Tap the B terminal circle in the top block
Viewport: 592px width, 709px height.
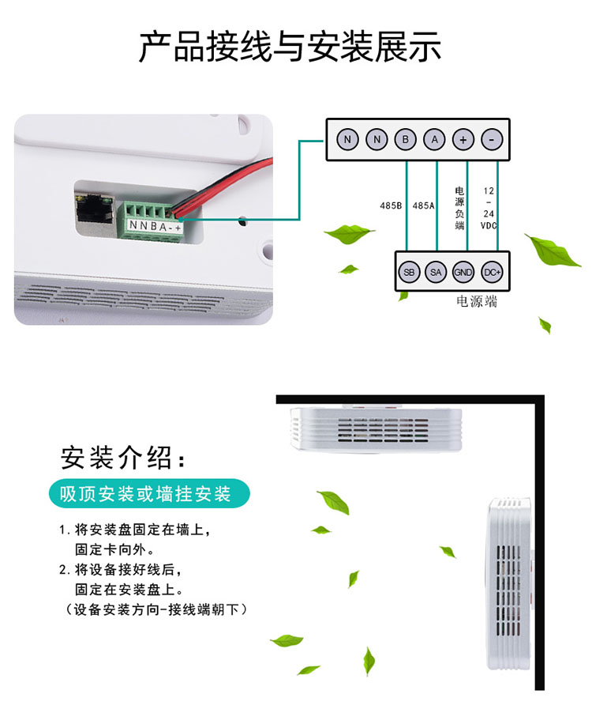(405, 140)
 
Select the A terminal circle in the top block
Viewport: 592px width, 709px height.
(434, 140)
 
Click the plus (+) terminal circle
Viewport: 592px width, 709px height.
(463, 140)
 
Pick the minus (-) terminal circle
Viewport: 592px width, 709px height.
(491, 140)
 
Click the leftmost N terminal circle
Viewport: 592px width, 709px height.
(347, 140)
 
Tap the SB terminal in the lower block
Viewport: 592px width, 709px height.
(408, 272)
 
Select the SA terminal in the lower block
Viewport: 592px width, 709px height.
(435, 272)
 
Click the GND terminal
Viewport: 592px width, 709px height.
(463, 272)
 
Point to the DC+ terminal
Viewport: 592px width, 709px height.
(492, 272)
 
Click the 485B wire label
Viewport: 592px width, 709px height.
(391, 206)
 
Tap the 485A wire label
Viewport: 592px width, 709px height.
(423, 206)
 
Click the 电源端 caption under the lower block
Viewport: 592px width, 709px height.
(477, 302)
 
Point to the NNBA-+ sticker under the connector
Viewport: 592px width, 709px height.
(155, 228)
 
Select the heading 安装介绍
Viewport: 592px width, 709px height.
(126, 458)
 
